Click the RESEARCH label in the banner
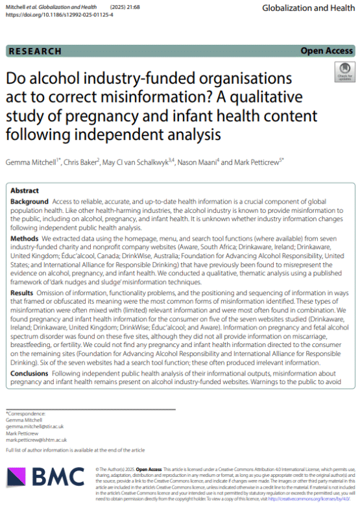coord(36,51)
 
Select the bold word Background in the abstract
coord(30,202)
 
